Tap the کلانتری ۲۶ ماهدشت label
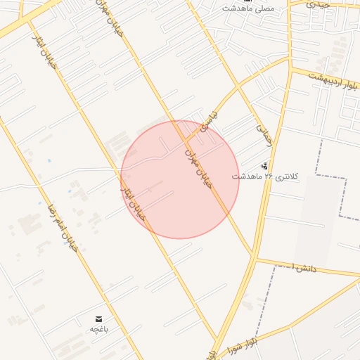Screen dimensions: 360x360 [265, 176]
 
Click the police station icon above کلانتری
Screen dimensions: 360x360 [264, 166]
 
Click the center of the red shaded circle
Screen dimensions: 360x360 [180, 179]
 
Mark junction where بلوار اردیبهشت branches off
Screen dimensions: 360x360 [290, 69]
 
